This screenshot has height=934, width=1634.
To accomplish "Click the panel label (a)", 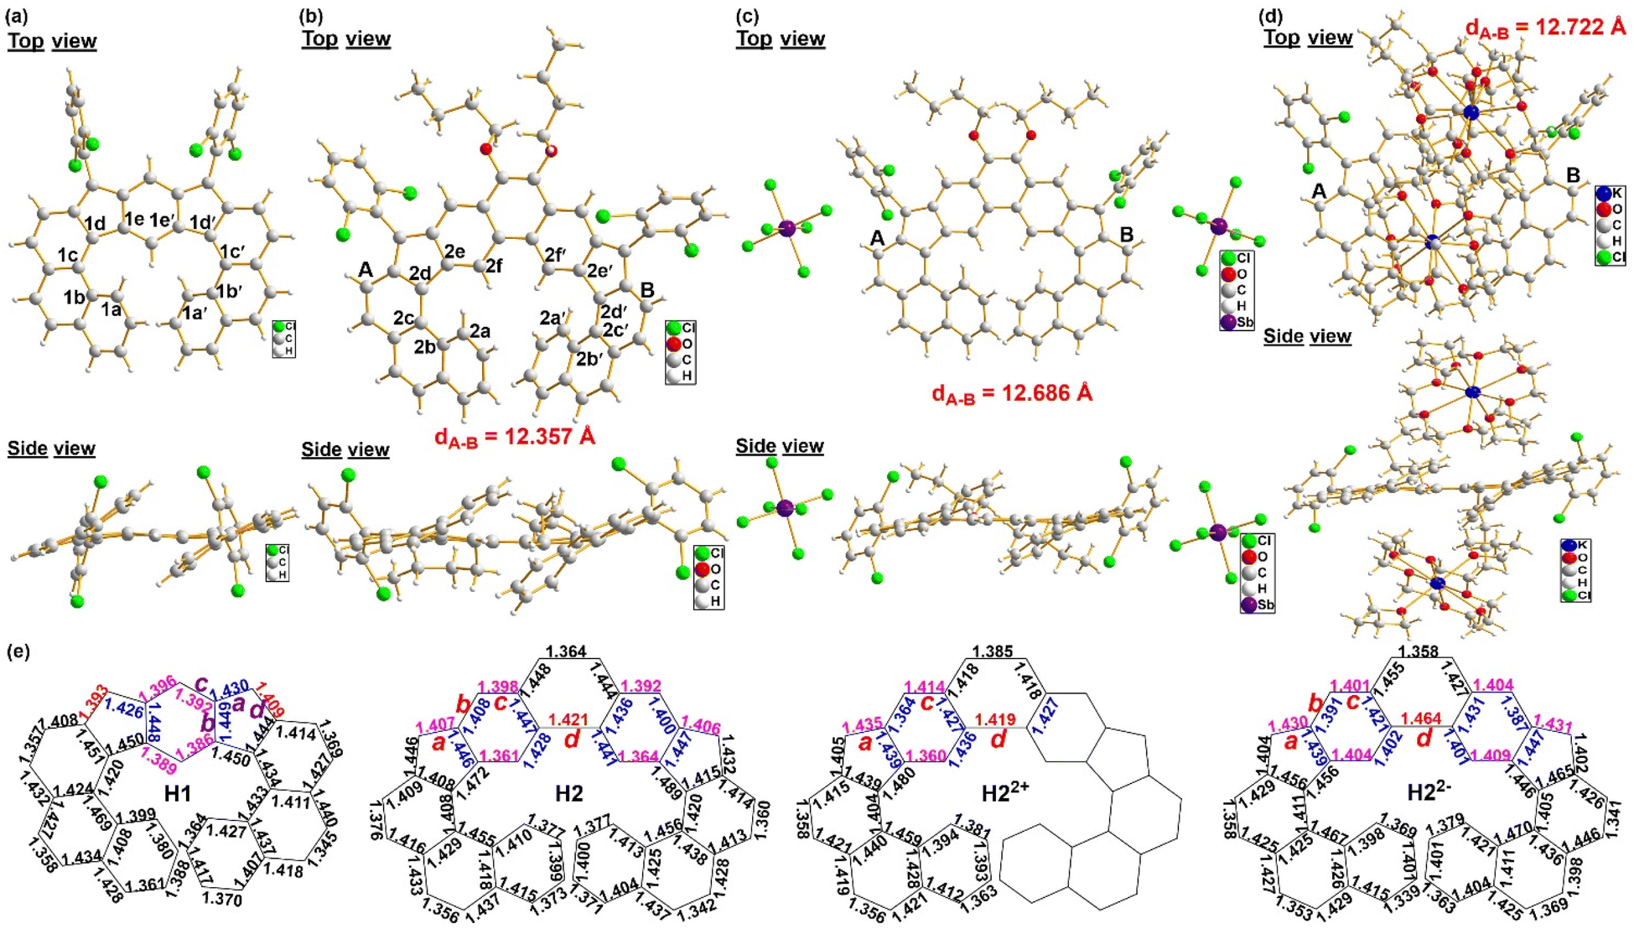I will pos(18,17).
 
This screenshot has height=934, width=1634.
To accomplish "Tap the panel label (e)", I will pos(18,651).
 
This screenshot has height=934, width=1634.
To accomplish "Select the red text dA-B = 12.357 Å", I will pos(514,437).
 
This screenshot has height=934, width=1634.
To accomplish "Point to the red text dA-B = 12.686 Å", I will pos(1012,393).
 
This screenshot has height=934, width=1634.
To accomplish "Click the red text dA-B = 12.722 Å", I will pos(1545,27).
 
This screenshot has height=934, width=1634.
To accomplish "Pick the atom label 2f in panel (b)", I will pos(494,266).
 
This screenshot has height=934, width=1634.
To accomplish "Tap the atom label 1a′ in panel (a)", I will pos(195,313).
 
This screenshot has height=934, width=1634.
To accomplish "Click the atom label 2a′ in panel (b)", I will pos(552,318).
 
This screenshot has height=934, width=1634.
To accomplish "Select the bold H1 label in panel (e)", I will pos(178,792).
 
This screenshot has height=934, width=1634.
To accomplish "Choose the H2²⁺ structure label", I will pos(1005,792).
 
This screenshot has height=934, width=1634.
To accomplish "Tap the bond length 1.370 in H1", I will pos(222,899).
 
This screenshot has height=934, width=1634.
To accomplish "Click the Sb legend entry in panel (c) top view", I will pos(1236,322).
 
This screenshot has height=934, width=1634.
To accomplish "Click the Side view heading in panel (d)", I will pos(1307,336).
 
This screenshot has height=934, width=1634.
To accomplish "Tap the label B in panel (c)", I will pos(1127,235).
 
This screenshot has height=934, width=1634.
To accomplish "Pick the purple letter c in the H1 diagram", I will pos(201,683).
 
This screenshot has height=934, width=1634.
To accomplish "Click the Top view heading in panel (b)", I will pos(345,39).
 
